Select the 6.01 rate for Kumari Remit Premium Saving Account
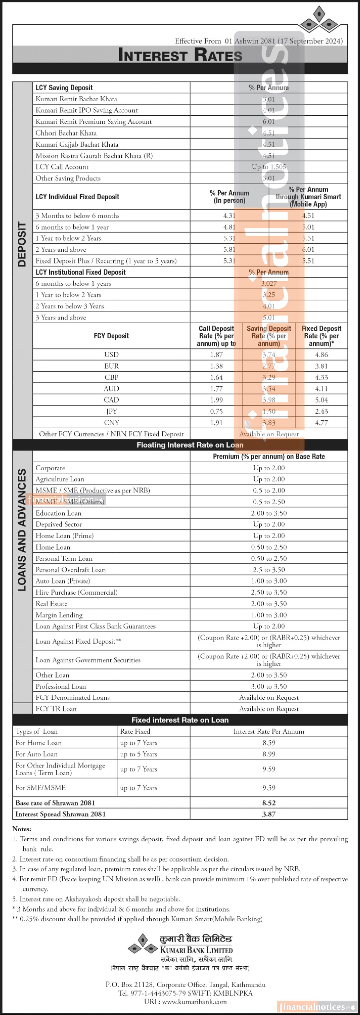pyautogui.click(x=269, y=122)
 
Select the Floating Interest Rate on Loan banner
pyautogui.click(x=190, y=445)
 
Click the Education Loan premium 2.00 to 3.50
pyautogui.click(x=269, y=513)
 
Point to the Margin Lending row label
pyautogui.click(x=59, y=615)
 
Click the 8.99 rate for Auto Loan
pyautogui.click(x=269, y=754)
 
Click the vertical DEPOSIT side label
pyautogui.click(x=22, y=244)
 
